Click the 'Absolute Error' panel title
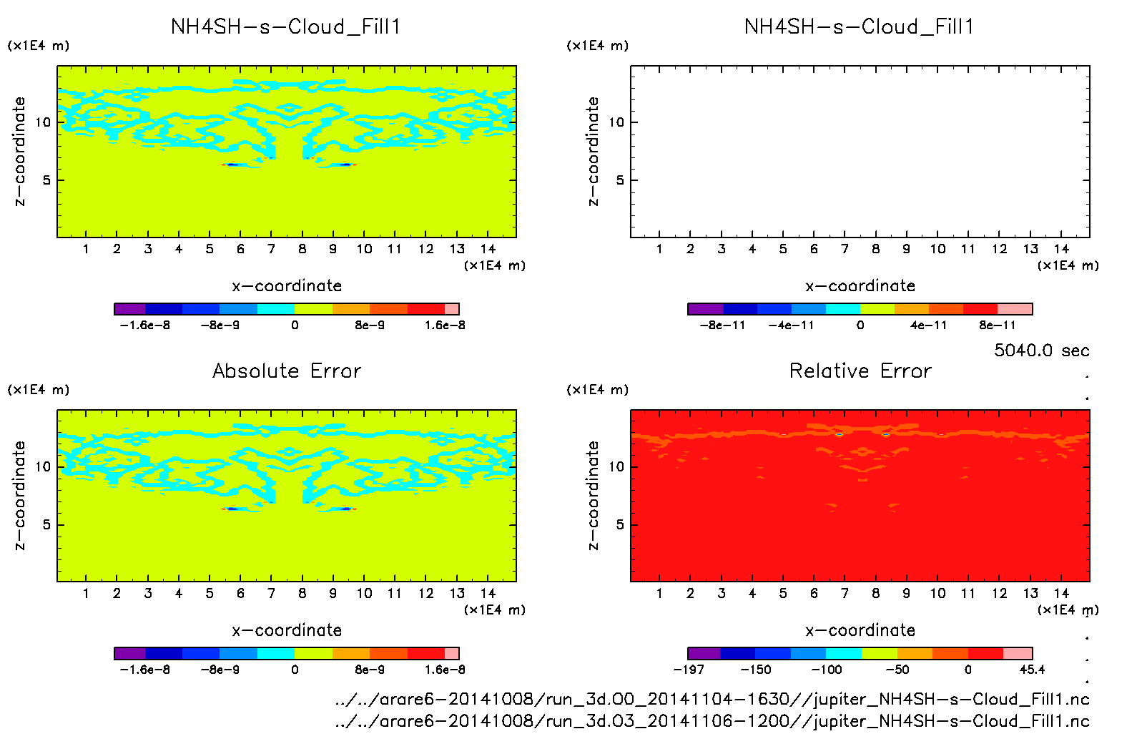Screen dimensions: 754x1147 (287, 371)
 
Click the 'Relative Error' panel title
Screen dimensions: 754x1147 (860, 371)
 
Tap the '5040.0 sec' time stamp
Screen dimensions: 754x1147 (1041, 351)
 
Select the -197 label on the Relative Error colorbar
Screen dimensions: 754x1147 (689, 670)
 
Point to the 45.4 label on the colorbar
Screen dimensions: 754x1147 (1032, 670)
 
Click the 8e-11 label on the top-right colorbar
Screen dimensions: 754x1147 (997, 325)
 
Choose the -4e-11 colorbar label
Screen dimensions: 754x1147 (791, 325)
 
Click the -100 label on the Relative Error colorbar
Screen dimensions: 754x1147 (826, 670)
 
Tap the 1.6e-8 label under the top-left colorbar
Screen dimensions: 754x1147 (445, 325)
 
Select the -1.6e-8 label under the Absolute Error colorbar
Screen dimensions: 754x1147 (145, 670)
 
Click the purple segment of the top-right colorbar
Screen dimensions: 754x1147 (705, 309)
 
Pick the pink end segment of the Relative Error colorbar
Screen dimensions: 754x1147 (1018, 653)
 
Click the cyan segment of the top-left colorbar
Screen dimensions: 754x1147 (275, 309)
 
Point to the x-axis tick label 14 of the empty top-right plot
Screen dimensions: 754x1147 (1061, 249)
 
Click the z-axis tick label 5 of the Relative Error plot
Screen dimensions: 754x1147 (619, 525)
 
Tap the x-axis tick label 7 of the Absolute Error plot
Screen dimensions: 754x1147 (271, 593)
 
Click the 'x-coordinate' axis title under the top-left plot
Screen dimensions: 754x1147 (287, 286)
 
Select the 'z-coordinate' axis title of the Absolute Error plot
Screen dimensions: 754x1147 (19, 495)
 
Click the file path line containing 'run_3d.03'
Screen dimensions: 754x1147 (712, 721)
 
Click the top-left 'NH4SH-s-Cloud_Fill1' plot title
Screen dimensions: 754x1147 (286, 27)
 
